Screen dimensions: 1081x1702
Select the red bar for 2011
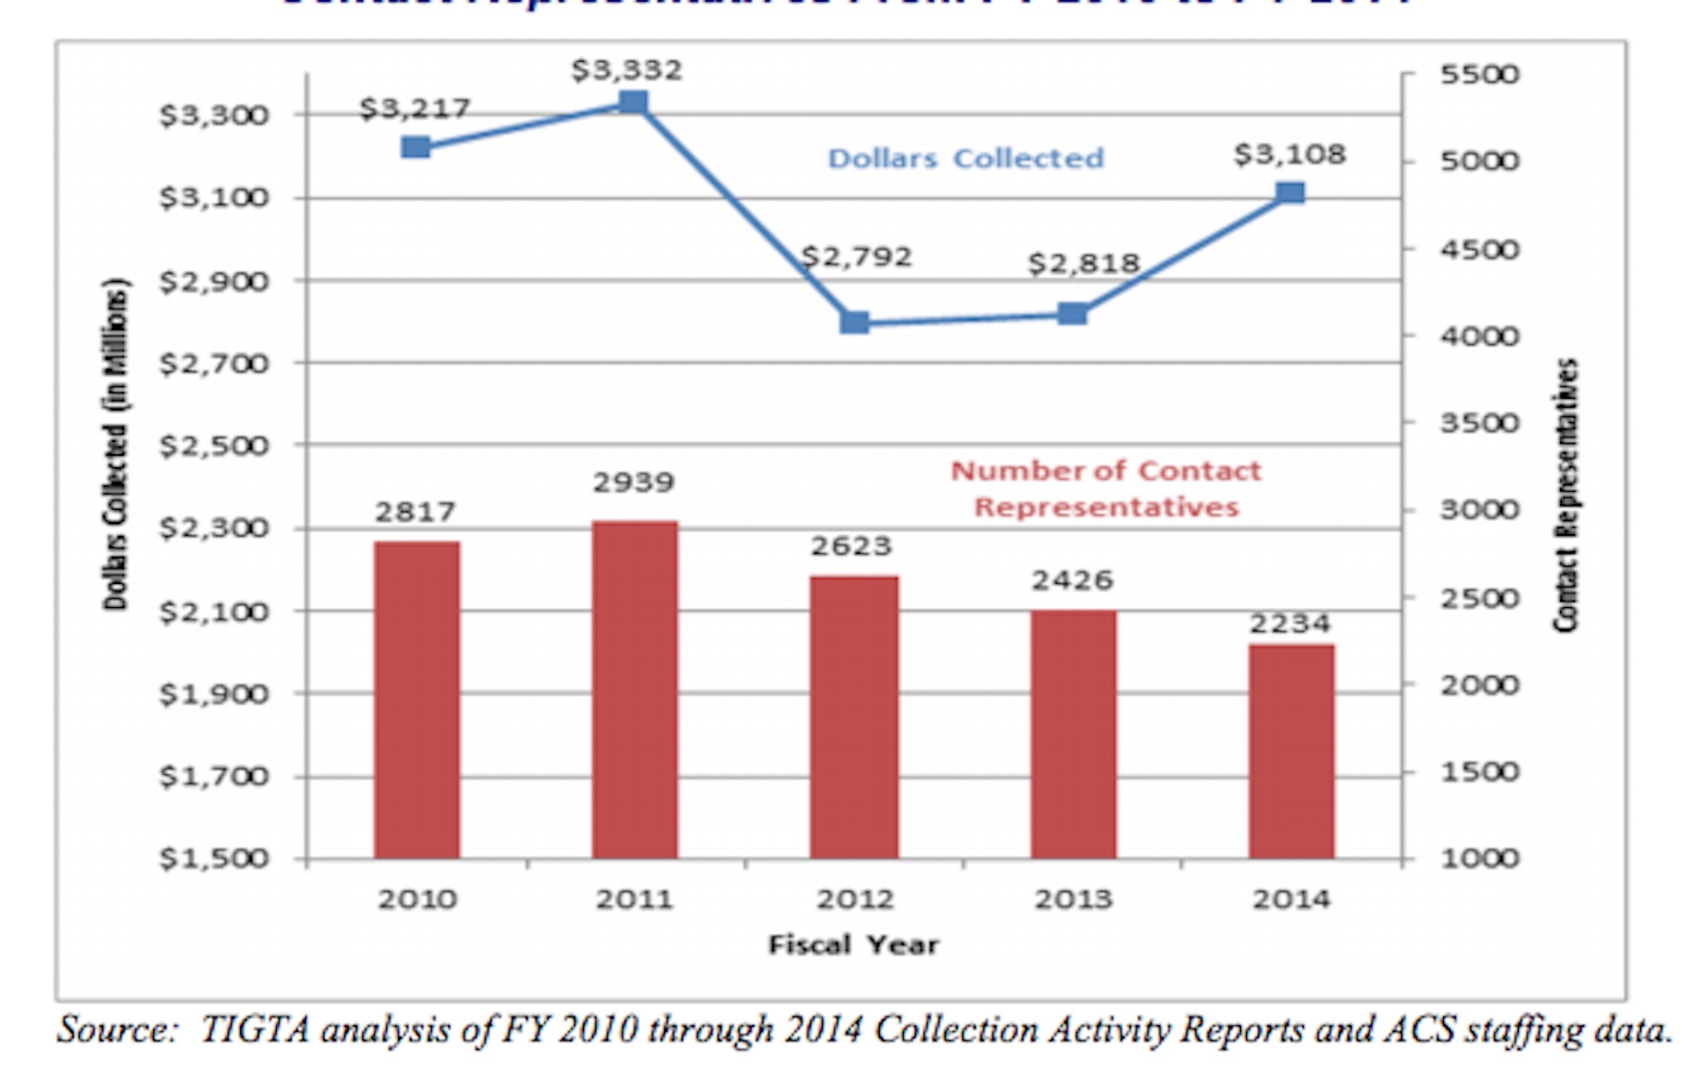tap(635, 689)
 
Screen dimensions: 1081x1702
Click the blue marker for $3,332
tap(634, 103)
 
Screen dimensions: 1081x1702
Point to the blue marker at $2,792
tap(854, 322)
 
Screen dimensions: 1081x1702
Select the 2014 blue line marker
tap(1290, 193)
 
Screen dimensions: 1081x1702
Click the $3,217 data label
tap(415, 109)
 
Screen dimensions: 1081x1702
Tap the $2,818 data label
tap(1083, 263)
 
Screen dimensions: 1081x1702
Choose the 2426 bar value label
tap(1072, 580)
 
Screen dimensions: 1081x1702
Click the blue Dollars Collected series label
tap(965, 159)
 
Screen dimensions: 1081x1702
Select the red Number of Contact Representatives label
tap(1106, 488)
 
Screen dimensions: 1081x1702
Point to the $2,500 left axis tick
tap(213, 446)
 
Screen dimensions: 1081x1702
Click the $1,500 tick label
tap(213, 858)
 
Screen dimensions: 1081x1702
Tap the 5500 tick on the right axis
tap(1479, 75)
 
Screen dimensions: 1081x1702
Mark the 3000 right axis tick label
tap(1479, 510)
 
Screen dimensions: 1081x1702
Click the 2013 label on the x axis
tap(1072, 900)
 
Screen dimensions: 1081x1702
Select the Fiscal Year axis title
tap(853, 945)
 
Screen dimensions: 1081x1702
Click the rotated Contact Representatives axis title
tap(1566, 495)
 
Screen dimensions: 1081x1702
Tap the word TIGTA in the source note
tap(255, 1030)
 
